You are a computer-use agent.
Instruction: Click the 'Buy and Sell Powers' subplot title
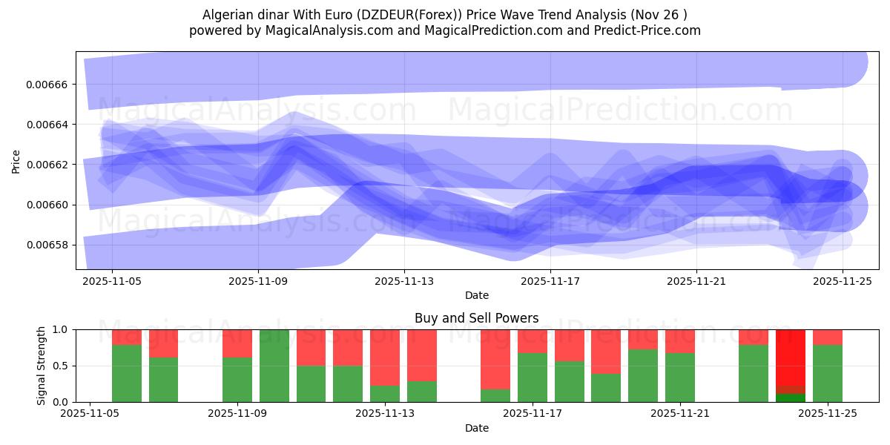tap(476, 318)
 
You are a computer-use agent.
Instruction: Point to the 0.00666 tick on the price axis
tap(47, 85)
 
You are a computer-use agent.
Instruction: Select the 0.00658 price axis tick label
tap(47, 245)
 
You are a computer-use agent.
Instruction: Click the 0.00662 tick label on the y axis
tap(47, 165)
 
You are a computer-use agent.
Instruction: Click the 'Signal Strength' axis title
tap(42, 365)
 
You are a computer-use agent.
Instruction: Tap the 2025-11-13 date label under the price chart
tap(404, 282)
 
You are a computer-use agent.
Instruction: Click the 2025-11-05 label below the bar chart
tap(90, 414)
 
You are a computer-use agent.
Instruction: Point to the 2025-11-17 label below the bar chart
tap(532, 414)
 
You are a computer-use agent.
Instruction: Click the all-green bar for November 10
tap(274, 366)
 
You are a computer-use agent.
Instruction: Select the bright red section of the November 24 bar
tap(791, 356)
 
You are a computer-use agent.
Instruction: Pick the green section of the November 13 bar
tap(385, 394)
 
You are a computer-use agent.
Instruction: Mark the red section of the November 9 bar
tap(237, 343)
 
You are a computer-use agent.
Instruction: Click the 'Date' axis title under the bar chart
tap(476, 428)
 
